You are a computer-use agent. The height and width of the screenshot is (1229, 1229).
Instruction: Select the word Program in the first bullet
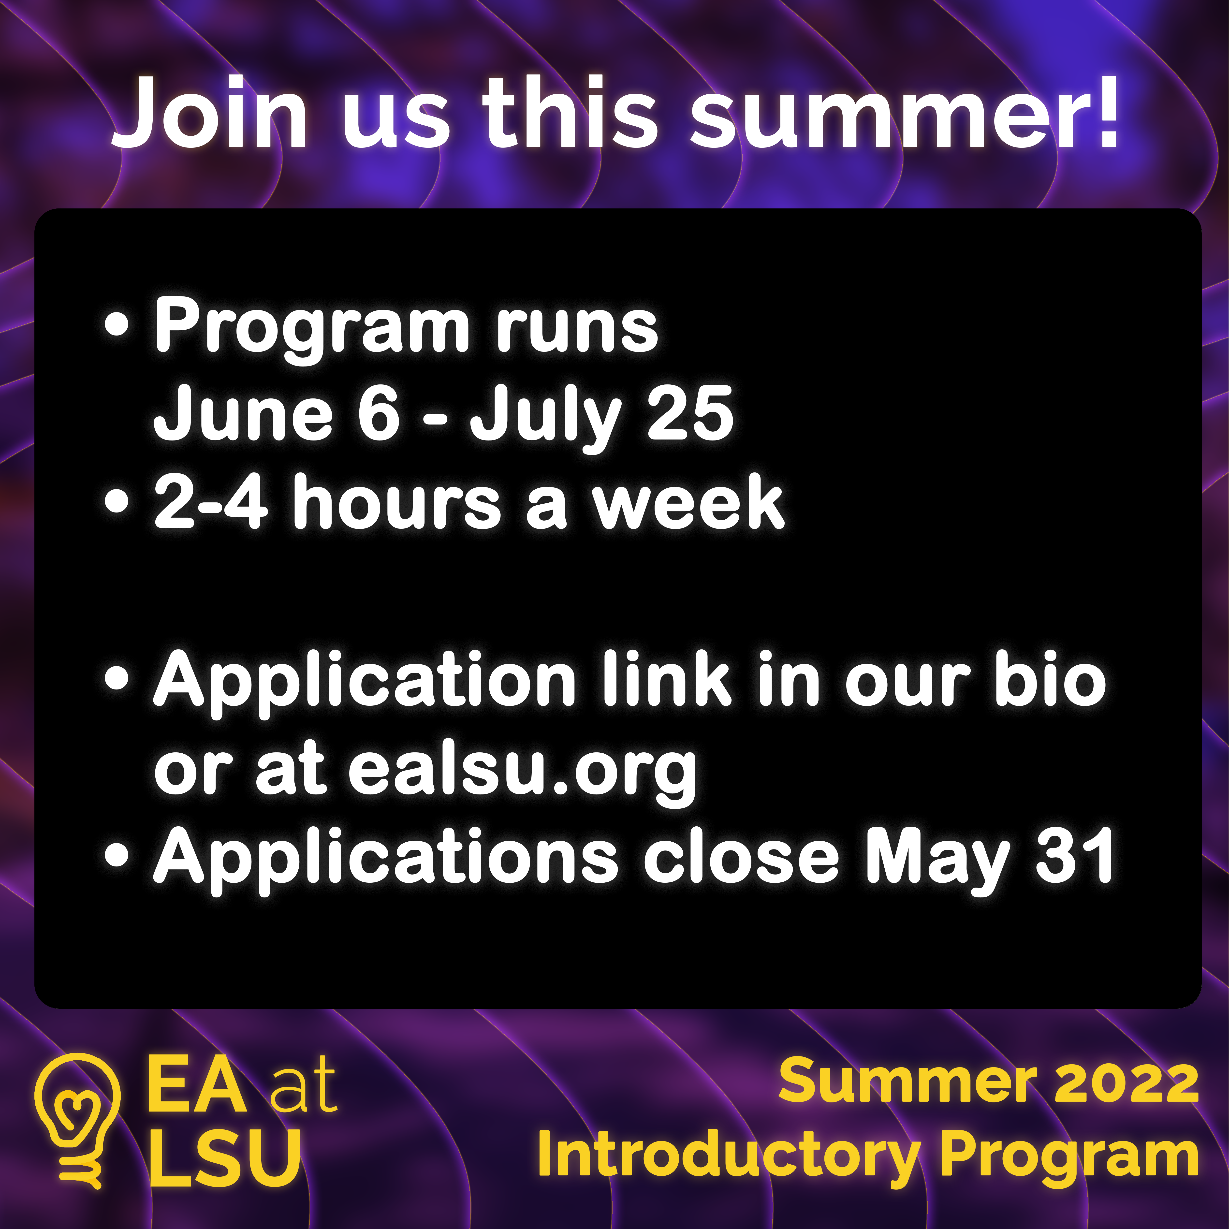tap(312, 328)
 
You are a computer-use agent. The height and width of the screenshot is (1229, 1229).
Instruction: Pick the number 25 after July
tap(690, 413)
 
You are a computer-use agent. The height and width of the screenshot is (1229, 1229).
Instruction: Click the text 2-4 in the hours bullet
tap(210, 503)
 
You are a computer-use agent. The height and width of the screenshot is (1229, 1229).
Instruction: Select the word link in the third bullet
tap(667, 679)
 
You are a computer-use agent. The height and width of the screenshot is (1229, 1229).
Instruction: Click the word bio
tap(1050, 679)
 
